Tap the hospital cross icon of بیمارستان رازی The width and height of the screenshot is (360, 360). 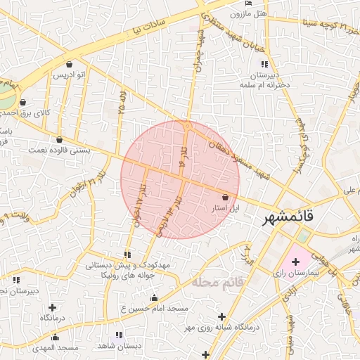[x=295, y=262]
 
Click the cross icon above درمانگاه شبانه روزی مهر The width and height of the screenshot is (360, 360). [x=223, y=316]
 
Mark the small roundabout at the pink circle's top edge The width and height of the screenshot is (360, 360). [x=187, y=125]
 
